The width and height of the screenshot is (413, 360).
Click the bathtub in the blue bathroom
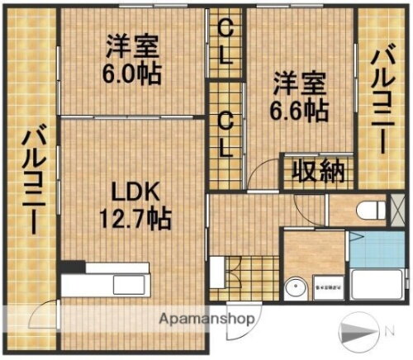pos(377,285)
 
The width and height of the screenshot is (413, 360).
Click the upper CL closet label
pos(225,40)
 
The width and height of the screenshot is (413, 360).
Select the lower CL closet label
pos(225,134)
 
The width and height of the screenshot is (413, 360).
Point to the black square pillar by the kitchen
pos(74,268)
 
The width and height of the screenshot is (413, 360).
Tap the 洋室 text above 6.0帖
pos(131,45)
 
